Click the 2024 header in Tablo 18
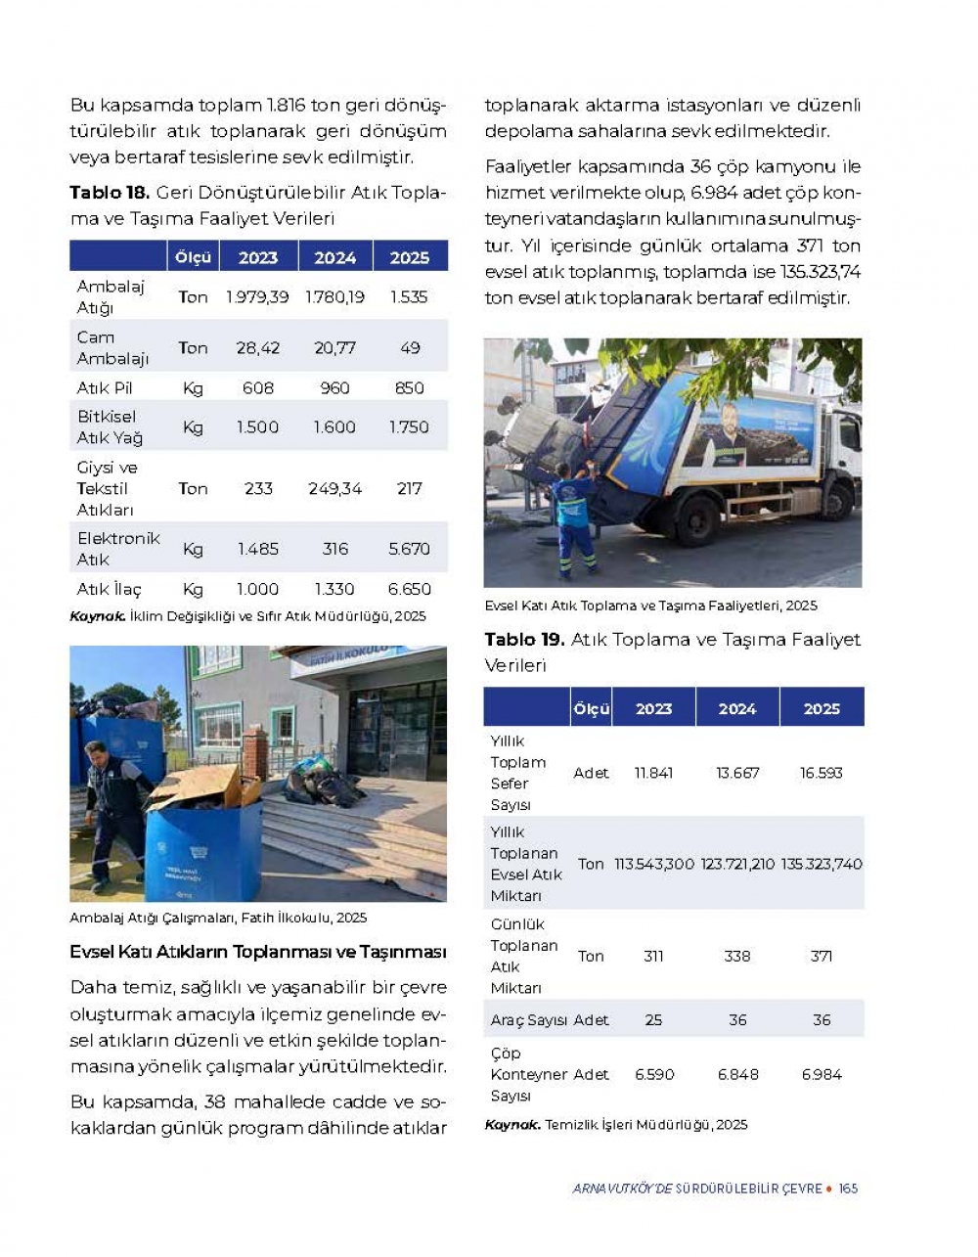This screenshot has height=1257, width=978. [334, 257]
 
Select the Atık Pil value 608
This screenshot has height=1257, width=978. [258, 388]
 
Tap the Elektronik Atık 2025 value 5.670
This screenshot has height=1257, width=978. [409, 549]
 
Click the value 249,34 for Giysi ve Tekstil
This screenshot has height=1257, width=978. [334, 488]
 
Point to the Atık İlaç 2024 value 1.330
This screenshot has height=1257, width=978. [334, 589]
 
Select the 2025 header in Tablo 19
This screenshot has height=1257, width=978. [822, 708]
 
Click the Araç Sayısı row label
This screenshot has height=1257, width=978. [528, 1020]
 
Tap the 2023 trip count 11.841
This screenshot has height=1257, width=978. [653, 773]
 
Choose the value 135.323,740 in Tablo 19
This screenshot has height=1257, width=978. [822, 864]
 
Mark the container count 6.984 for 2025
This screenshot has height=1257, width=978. [822, 1074]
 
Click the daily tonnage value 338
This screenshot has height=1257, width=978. [737, 956]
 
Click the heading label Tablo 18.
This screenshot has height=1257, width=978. [109, 193]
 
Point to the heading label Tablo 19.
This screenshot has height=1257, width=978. [524, 640]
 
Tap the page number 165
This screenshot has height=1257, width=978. [848, 1189]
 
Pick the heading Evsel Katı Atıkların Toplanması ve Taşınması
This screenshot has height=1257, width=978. [258, 952]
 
